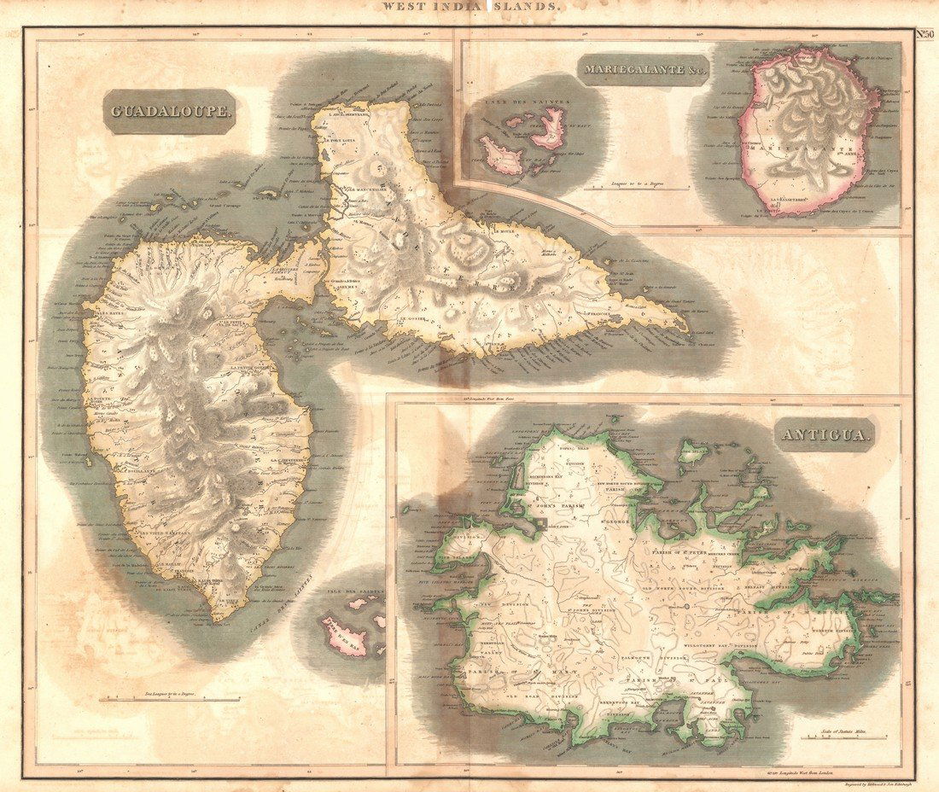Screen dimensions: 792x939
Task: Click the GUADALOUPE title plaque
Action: (170, 112)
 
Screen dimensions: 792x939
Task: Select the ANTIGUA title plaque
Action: (826, 436)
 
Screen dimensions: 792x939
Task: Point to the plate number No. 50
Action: (925, 34)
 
